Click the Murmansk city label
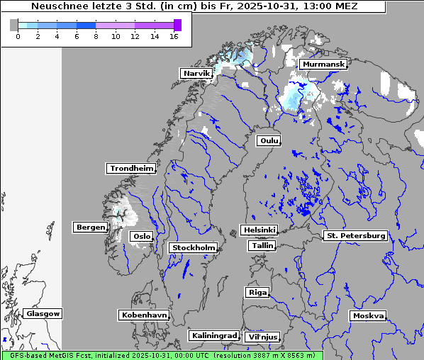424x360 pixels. pyautogui.click(x=323, y=64)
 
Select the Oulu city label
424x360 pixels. pyautogui.click(x=269, y=140)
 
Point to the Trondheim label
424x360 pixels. pyautogui.click(x=131, y=169)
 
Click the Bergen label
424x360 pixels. pyautogui.click(x=90, y=227)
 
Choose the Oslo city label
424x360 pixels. pyautogui.click(x=141, y=237)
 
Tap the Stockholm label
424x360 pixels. pyautogui.click(x=194, y=248)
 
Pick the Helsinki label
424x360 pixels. pyautogui.click(x=259, y=230)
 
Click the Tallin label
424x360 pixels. pyautogui.click(x=262, y=246)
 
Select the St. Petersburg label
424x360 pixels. pyautogui.click(x=355, y=235)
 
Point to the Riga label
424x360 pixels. pyautogui.click(x=257, y=293)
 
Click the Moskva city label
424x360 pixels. pyautogui.click(x=368, y=316)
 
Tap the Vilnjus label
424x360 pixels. pyautogui.click(x=262, y=337)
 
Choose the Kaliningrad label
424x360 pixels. pyautogui.click(x=213, y=336)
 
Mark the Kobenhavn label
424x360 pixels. pyautogui.click(x=144, y=315)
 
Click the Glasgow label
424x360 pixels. pyautogui.click(x=43, y=314)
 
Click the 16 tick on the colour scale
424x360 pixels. pyautogui.click(x=174, y=37)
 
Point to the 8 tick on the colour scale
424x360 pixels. pyautogui.click(x=96, y=37)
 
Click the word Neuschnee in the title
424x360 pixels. pyautogui.click(x=57, y=6)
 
